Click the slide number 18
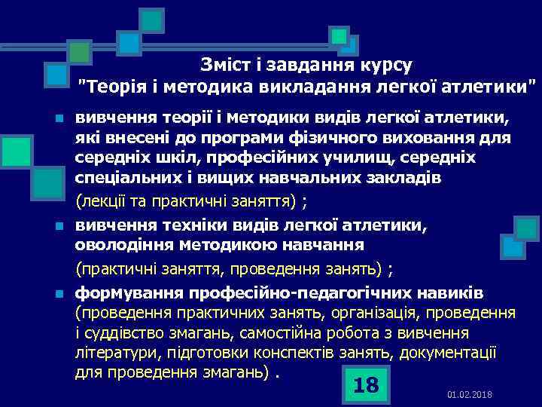366,385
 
